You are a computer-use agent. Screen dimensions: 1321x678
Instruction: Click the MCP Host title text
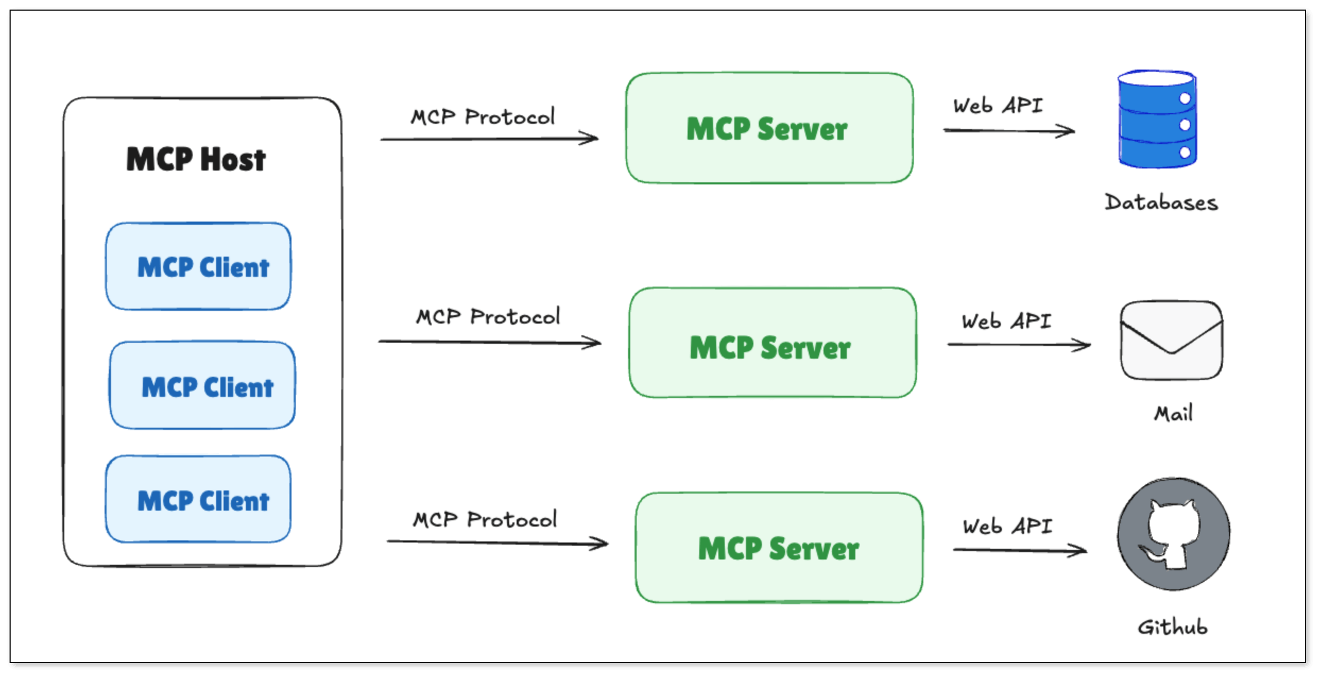[x=196, y=159]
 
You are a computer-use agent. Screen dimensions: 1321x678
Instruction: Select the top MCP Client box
[x=198, y=266]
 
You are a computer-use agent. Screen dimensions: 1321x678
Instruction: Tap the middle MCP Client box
[x=202, y=385]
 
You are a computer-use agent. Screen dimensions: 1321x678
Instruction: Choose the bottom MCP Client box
[x=198, y=499]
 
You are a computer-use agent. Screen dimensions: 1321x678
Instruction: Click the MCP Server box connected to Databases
[x=769, y=128]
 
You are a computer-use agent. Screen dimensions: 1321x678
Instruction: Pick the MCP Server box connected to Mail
[x=773, y=343]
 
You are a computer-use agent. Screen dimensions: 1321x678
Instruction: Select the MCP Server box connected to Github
[x=779, y=548]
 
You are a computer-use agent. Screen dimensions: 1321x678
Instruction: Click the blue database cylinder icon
[x=1157, y=119]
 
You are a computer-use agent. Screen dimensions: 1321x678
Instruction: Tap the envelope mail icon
[x=1171, y=340]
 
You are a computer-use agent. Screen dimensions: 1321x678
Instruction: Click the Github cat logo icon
[x=1173, y=534]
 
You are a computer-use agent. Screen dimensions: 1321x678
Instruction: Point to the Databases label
[x=1161, y=202]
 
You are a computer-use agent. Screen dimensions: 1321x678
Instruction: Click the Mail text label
[x=1173, y=413]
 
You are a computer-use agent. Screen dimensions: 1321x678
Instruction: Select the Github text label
[x=1172, y=627]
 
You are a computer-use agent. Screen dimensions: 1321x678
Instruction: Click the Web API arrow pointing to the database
[x=1009, y=130]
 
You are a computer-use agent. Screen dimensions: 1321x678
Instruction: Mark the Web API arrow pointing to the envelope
[x=1019, y=345]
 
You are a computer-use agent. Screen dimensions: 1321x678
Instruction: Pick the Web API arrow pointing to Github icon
[x=1020, y=550]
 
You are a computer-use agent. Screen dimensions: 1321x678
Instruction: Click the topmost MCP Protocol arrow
[x=490, y=139]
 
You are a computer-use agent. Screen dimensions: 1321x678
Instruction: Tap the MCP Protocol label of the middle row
[x=488, y=317]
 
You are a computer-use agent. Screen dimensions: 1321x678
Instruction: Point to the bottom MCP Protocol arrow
[x=497, y=543]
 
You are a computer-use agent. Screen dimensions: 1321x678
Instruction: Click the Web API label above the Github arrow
[x=1008, y=527]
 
